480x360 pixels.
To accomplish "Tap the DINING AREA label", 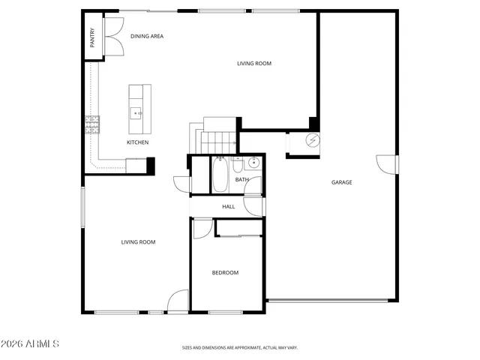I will pyautogui.click(x=147, y=36).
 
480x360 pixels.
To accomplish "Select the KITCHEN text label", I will pyautogui.click(x=137, y=142).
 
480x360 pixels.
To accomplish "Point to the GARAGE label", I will pyautogui.click(x=342, y=182).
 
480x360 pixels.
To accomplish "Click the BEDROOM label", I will pyautogui.click(x=225, y=272).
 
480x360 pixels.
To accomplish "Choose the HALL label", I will pyautogui.click(x=229, y=206).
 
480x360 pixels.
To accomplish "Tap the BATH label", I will pyautogui.click(x=241, y=180).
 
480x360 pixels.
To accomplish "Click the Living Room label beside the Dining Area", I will pyautogui.click(x=254, y=64).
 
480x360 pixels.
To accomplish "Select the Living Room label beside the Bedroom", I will pyautogui.click(x=139, y=241).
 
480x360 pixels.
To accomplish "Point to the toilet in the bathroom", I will pyautogui.click(x=238, y=163).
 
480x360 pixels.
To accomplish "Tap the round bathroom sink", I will pyautogui.click(x=254, y=162).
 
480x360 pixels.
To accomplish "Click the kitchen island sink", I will pyautogui.click(x=137, y=113).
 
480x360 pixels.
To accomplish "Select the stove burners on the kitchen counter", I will pyautogui.click(x=93, y=124).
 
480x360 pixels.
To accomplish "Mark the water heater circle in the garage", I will pyautogui.click(x=312, y=141).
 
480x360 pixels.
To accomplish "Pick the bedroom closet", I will pyautogui.click(x=238, y=227).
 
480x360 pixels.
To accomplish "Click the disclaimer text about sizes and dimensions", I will pyautogui.click(x=240, y=348).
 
